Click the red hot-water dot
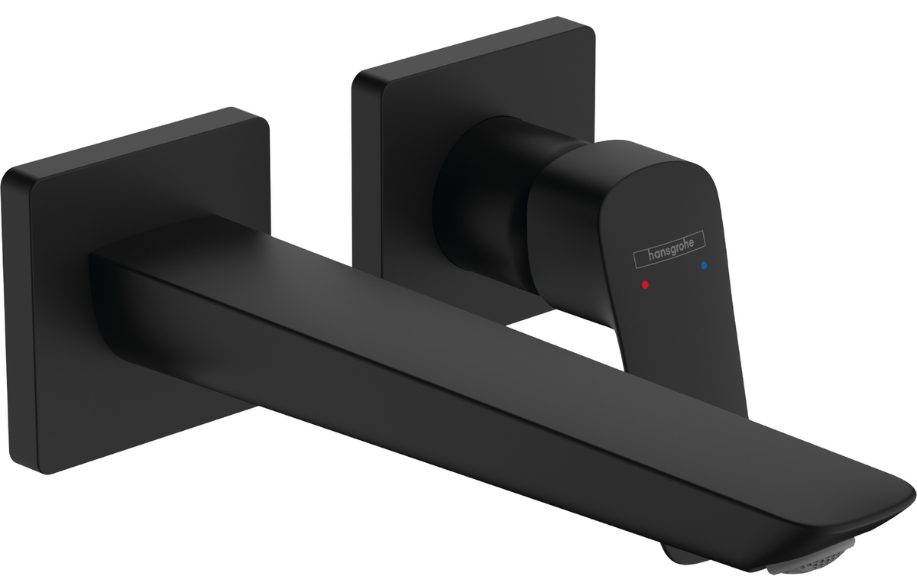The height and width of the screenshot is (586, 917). point(645,284)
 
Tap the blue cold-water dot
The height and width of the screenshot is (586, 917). point(704,265)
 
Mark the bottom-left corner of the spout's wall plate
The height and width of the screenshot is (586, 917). point(46,474)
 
